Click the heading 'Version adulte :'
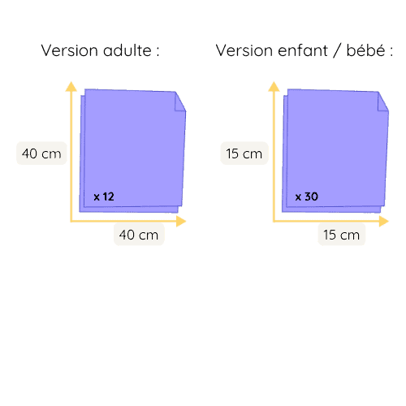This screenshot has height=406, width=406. [100, 50]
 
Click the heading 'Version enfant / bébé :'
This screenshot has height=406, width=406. [304, 50]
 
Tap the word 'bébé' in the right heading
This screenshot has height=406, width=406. [365, 50]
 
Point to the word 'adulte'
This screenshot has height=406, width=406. [127, 50]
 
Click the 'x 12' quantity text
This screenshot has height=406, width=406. [104, 197]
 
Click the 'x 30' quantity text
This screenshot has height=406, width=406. [306, 197]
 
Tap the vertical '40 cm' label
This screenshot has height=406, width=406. [41, 153]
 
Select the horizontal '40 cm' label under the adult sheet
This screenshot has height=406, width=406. [139, 235]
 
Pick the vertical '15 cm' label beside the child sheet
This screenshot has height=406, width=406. [244, 153]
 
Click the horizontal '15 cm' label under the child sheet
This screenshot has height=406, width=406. [341, 235]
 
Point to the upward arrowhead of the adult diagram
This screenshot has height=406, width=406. [71, 86]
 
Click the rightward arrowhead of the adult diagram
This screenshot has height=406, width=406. [181, 221]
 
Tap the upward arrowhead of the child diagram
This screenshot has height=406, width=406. [274, 86]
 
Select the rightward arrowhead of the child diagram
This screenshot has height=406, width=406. [384, 221]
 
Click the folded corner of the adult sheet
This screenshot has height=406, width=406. [179, 103]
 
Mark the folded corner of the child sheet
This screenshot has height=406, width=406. [382, 103]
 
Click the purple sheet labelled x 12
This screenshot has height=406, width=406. [132, 150]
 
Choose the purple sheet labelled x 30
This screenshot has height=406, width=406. [335, 150]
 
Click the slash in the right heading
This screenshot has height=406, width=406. [337, 50]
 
